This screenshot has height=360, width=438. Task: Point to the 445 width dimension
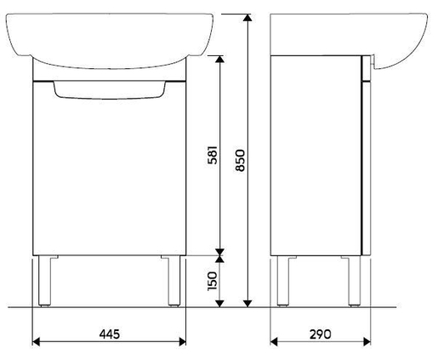(108, 333)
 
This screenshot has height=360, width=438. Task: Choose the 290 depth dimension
(319, 333)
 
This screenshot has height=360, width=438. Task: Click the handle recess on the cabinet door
(108, 89)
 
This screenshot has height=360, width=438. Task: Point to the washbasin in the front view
(108, 38)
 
